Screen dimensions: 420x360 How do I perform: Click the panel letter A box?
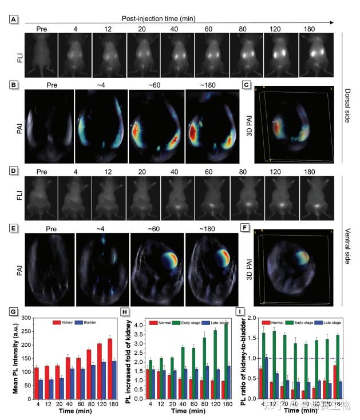pos(13,18)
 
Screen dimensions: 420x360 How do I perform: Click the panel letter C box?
pos(246,86)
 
